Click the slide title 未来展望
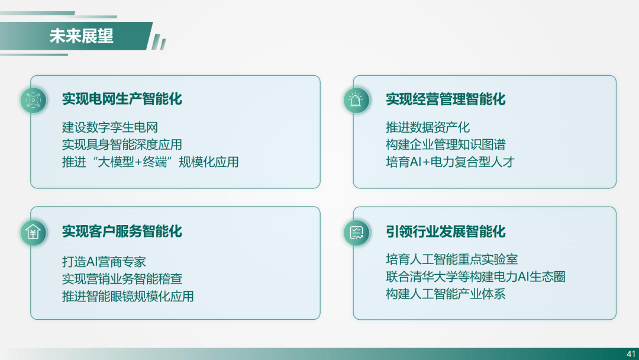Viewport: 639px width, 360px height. pyautogui.click(x=82, y=36)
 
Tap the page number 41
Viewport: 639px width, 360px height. pyautogui.click(x=631, y=354)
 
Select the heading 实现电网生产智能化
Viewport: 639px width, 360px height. pyautogui.click(x=122, y=99)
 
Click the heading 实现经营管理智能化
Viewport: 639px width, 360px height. pyautogui.click(x=446, y=99)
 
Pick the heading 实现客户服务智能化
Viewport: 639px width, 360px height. pyautogui.click(x=122, y=231)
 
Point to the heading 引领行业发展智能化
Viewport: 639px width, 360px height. pyautogui.click(x=446, y=232)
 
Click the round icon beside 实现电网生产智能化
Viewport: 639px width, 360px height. pyautogui.click(x=33, y=100)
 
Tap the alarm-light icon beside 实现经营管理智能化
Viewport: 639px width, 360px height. pyautogui.click(x=356, y=100)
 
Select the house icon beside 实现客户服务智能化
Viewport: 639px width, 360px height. pyautogui.click(x=33, y=232)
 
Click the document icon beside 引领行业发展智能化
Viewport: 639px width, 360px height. pyautogui.click(x=356, y=232)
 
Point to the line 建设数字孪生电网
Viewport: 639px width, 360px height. pyautogui.click(x=109, y=127)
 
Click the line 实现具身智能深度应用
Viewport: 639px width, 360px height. pyautogui.click(x=122, y=144)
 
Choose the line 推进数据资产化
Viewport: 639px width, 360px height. pyautogui.click(x=428, y=127)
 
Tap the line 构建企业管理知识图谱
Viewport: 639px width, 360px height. pyautogui.click(x=446, y=144)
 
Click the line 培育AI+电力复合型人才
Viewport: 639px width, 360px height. pyautogui.click(x=450, y=162)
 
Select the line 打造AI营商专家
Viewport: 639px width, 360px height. pyautogui.click(x=104, y=261)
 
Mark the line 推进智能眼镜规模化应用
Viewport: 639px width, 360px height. pyautogui.click(x=128, y=296)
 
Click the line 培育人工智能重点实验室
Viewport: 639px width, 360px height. pyautogui.click(x=451, y=259)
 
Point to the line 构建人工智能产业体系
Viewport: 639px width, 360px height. pyautogui.click(x=446, y=294)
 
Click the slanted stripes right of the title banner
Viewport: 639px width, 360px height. pyautogui.click(x=159, y=42)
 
